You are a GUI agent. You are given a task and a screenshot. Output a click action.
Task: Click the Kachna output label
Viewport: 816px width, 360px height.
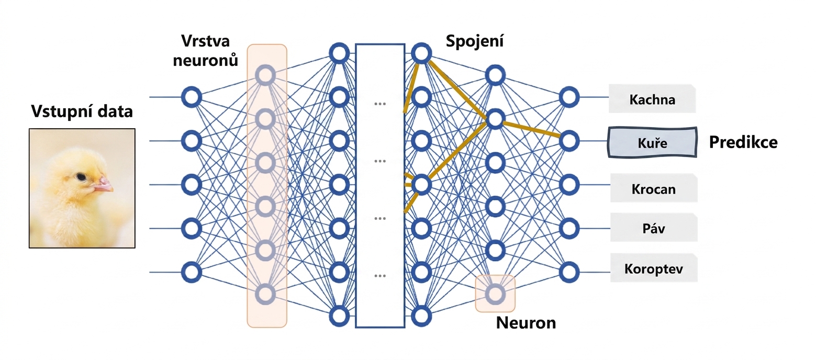652,99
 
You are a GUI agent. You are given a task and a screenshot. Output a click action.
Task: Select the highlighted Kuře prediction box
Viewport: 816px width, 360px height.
652,142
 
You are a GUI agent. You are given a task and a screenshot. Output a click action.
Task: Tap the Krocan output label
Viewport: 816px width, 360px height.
654,188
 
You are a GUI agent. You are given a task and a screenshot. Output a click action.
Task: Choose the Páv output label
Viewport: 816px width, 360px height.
654,228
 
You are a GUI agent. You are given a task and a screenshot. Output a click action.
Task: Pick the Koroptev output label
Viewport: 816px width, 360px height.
654,268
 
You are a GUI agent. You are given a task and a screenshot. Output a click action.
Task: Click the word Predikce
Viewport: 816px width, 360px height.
743,142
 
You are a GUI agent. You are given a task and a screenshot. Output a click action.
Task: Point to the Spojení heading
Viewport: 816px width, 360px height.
475,41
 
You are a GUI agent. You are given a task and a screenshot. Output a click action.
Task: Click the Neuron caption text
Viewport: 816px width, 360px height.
526,323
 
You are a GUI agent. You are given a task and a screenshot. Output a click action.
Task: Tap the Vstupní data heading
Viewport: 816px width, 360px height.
82,111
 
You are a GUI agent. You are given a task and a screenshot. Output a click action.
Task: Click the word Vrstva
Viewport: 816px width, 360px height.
206,41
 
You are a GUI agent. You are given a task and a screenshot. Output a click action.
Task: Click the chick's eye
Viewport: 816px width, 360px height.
81,177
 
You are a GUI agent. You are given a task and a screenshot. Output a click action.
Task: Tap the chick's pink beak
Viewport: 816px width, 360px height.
104,184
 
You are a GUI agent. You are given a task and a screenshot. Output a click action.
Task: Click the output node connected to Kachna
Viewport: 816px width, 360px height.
569,97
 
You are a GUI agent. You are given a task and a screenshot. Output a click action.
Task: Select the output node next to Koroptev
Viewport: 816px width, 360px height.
569,272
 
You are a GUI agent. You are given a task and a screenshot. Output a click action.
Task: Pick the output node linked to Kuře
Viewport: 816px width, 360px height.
569,141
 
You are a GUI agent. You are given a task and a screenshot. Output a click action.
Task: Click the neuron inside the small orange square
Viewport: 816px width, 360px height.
495,294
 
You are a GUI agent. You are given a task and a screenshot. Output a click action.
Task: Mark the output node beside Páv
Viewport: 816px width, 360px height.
569,228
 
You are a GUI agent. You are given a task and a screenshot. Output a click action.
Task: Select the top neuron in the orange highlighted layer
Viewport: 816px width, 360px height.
265,75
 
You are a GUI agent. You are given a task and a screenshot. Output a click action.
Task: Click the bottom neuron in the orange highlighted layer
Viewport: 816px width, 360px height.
265,294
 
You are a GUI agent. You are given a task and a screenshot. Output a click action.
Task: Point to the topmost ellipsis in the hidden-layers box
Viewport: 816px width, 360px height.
380,104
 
